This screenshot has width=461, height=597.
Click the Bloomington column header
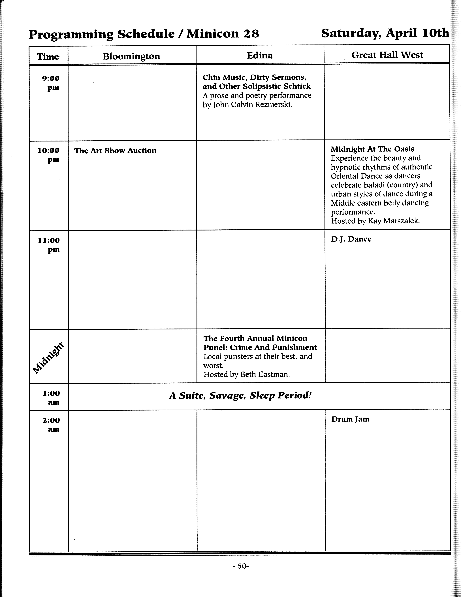pos(131,56)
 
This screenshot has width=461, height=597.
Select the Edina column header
pos(260,56)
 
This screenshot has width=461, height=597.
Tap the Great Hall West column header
pos(387,55)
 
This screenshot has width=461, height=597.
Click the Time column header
pos(48,57)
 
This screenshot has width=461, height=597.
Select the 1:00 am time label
pos(51,397)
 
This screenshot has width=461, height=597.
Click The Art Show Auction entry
pos(115,151)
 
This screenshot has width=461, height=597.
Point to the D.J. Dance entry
pos(351,239)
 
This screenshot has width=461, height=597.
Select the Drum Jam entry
pos(350,419)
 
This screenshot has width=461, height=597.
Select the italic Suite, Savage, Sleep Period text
pos(240,395)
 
